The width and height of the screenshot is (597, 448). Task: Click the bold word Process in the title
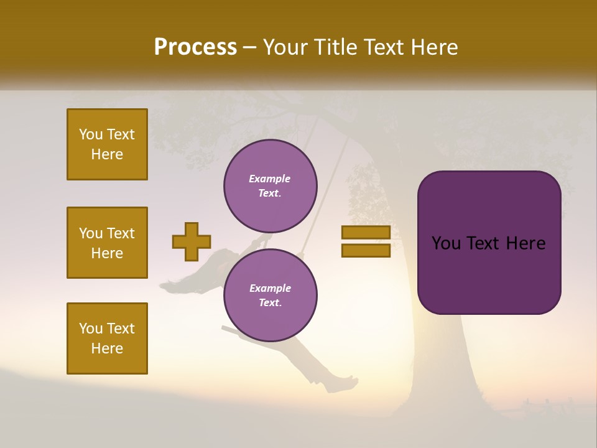195,47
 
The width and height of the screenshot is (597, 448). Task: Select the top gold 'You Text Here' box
107,144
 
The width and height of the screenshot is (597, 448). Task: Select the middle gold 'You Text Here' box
107,243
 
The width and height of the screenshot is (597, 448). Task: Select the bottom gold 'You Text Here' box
107,338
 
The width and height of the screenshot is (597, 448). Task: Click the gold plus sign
192,241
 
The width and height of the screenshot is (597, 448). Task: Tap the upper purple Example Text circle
270,186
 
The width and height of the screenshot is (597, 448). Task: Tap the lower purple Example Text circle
270,296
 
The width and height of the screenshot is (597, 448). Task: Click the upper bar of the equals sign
366,232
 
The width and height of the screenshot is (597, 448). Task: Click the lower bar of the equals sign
366,251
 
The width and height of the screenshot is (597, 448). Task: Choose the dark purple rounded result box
489,274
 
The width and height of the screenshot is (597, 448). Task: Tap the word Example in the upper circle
270,179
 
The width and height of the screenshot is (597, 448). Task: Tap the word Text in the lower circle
270,303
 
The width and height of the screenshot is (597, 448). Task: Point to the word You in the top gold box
91,134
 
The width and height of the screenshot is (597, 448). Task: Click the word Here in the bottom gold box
107,348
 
